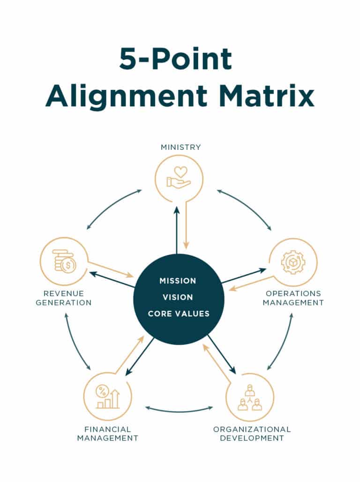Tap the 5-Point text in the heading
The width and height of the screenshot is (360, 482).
[175, 59]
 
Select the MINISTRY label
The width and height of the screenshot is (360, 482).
[180, 147]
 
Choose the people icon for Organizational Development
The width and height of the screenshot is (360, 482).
[250, 397]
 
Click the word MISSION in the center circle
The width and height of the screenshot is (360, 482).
[178, 281]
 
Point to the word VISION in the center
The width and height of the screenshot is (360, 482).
[178, 297]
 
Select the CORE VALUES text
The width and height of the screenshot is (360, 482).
[178, 313]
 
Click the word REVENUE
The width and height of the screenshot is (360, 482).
[64, 293]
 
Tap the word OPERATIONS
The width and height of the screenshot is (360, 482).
[293, 293]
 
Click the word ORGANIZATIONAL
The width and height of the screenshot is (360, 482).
[252, 429]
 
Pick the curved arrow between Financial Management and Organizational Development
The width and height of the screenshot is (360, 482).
[179, 411]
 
